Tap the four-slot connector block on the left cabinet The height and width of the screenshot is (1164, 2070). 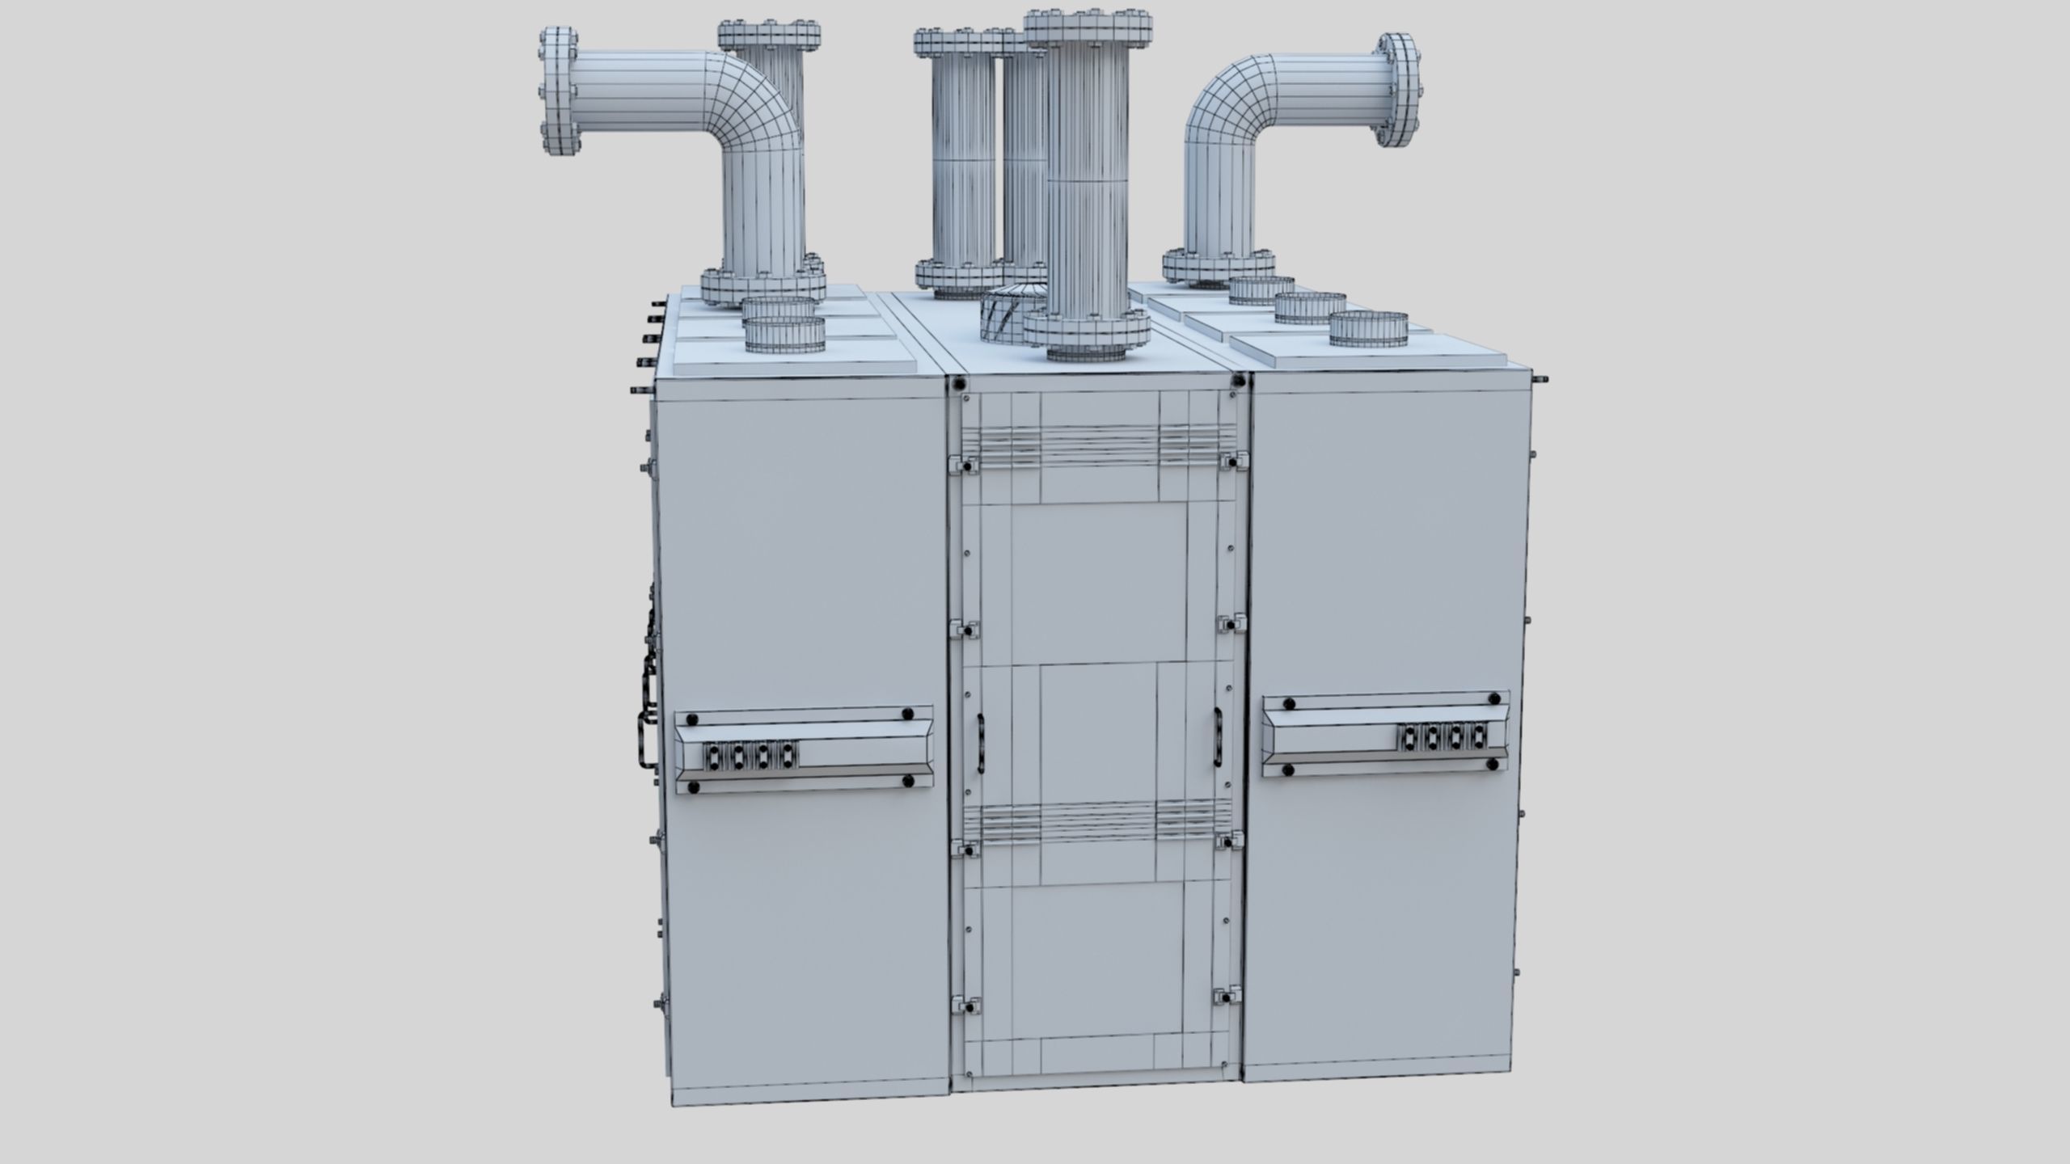click(x=184, y=756)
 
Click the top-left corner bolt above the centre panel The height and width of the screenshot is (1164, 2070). click(x=960, y=386)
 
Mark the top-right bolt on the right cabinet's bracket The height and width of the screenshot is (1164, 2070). click(x=1493, y=698)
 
